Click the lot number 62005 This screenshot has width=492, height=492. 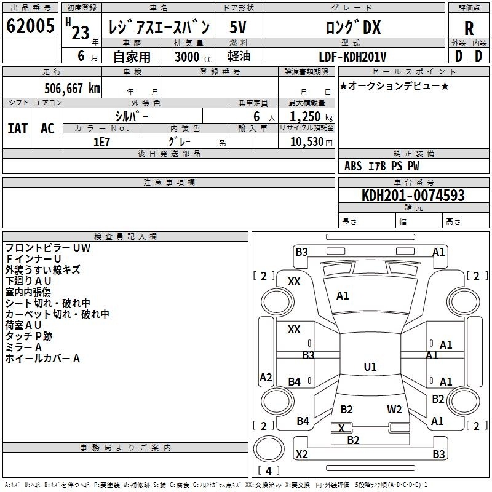[30, 25]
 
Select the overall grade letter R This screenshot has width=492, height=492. [469, 28]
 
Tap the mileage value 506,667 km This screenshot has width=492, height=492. [72, 89]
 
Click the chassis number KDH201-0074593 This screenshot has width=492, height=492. [413, 196]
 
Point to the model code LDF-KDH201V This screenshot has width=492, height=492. [352, 57]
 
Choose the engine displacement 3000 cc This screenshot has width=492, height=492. [193, 57]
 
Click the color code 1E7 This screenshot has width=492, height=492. [101, 142]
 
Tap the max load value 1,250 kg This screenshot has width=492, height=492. [311, 117]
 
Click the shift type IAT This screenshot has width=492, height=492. [18, 129]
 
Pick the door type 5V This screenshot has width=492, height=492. [238, 27]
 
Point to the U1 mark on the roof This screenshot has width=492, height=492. [370, 367]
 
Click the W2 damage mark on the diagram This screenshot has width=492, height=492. [394, 410]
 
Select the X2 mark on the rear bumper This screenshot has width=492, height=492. [301, 454]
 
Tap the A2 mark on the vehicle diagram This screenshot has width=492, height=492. [266, 378]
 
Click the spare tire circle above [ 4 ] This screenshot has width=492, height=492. [269, 449]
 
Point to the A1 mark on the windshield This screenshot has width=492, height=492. [343, 296]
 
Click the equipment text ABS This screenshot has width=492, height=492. [353, 166]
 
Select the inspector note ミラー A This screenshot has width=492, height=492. [23, 347]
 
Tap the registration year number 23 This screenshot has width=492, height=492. [81, 33]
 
